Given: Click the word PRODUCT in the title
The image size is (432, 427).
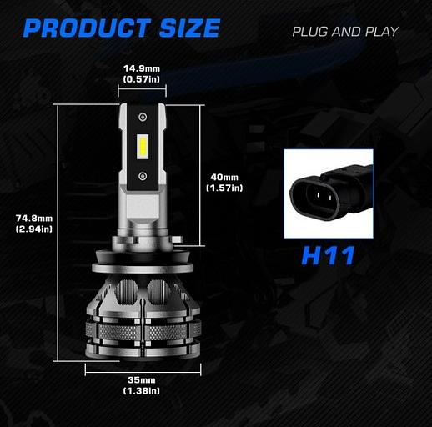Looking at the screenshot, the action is click(87, 28).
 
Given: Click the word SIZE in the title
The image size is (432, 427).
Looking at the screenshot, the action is click(190, 28).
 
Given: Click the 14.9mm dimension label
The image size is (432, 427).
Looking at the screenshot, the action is click(142, 68).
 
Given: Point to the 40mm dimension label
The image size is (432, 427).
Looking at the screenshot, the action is click(224, 177).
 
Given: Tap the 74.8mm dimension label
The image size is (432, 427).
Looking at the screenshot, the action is click(34, 219).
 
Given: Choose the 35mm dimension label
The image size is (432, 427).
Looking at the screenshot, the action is click(142, 379).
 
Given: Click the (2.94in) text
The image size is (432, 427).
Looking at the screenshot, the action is click(34, 229).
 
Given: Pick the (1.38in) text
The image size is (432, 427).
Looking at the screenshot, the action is click(142, 391).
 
